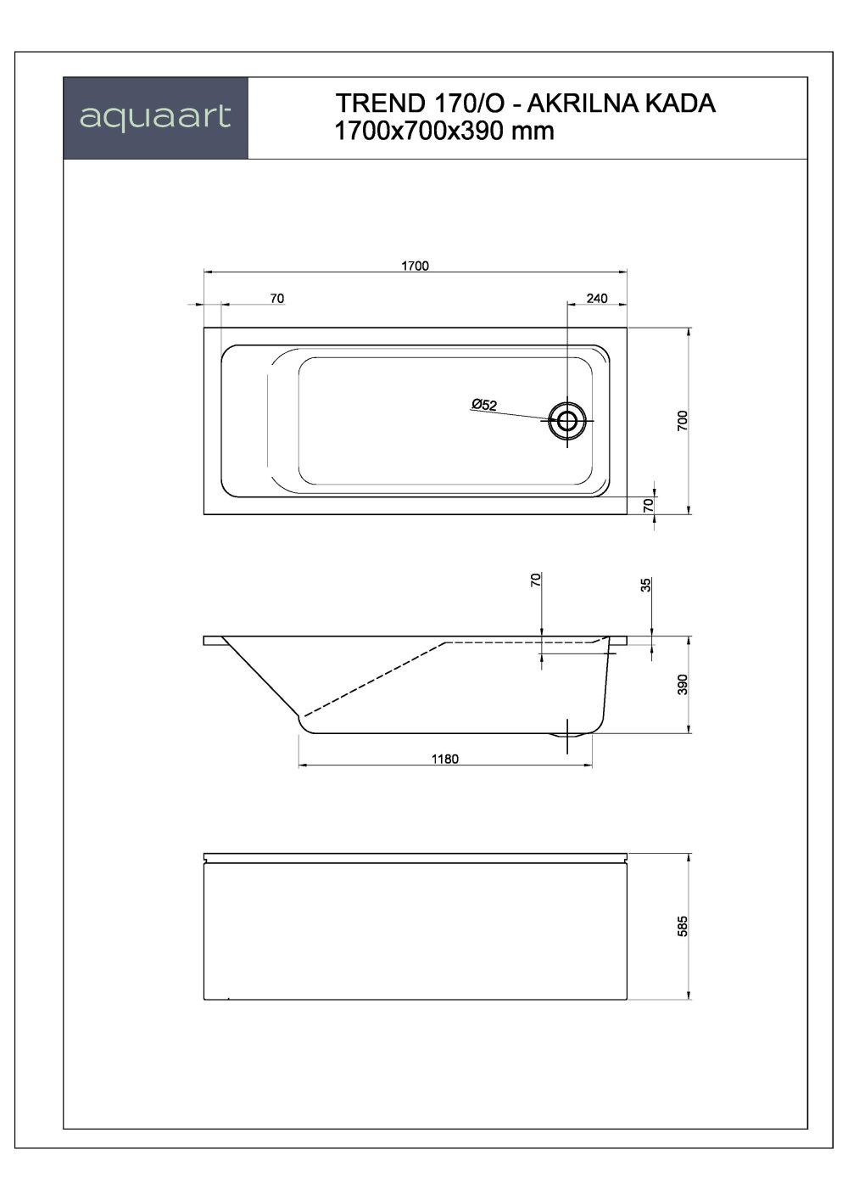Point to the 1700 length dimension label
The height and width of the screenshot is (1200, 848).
coord(415,266)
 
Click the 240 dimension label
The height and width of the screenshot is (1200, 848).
coord(597,298)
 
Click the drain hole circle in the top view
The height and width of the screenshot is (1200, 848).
coord(566,419)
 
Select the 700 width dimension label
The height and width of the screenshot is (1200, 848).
coord(683,422)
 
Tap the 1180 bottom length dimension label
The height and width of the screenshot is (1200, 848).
coord(444,759)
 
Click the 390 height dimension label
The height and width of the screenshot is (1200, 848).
coord(683,684)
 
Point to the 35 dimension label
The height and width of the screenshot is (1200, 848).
coord(645,585)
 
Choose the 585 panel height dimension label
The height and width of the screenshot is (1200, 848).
coord(683,926)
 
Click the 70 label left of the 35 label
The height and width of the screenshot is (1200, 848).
coord(535,580)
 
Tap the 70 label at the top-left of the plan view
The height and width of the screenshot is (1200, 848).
coord(276,298)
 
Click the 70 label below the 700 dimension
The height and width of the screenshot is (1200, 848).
coord(649,505)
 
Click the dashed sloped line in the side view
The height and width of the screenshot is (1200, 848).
coord(373,679)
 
